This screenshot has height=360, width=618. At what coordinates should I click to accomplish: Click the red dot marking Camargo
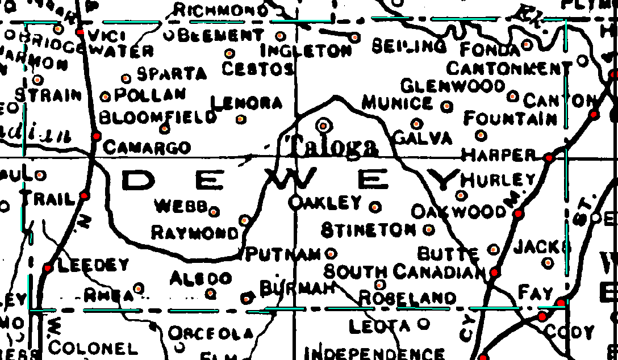pos(97,136)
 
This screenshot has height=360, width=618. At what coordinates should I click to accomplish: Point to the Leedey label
pos(94,265)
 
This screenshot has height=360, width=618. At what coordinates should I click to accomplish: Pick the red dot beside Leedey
pos(48,267)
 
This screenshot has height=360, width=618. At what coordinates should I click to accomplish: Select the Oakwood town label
pos(458,212)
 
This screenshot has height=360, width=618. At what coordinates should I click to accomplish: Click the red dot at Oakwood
pos(518,214)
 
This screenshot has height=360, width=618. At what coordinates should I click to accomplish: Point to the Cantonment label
pos(509,69)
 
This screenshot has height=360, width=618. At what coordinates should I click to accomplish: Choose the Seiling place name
pos(409,47)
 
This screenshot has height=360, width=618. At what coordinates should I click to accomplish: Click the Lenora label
pos(247,103)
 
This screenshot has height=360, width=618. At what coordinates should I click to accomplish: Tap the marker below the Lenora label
pos(241,119)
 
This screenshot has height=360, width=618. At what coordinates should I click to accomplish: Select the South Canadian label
pos(404,272)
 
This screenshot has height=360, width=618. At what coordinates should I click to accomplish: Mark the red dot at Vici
pos(80,32)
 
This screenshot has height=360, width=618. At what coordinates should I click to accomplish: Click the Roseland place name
pos(407,298)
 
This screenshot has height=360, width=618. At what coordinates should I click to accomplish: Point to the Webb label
pos(181,206)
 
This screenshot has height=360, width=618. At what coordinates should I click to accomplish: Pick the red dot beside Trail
pos(85,195)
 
